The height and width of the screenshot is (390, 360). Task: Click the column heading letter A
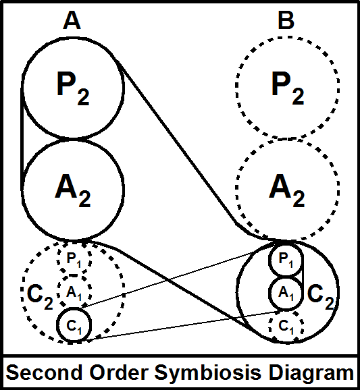(72, 22)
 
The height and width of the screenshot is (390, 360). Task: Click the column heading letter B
(286, 22)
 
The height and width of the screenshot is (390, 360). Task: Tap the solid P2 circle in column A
(73, 88)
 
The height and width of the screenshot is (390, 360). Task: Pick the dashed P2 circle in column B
(286, 88)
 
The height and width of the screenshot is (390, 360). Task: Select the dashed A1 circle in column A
(74, 292)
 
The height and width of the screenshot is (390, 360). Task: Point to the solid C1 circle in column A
(74, 325)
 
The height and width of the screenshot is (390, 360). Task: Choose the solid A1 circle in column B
(286, 293)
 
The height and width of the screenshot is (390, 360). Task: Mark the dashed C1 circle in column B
(286, 326)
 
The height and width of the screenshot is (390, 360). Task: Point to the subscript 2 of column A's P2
(84, 96)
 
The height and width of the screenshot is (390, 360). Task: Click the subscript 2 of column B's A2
(298, 198)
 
